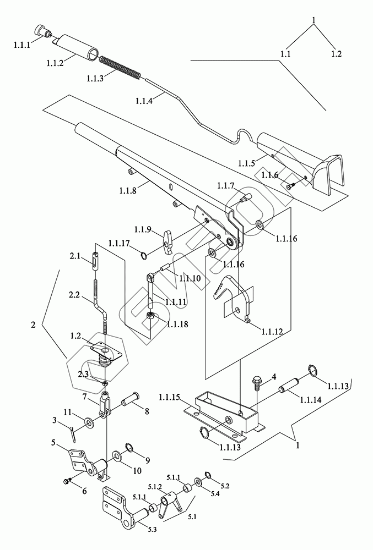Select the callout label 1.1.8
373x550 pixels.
pyautogui.click(x=127, y=190)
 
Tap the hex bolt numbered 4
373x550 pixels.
pyautogui.click(x=255, y=383)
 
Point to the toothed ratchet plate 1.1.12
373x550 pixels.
pyautogui.click(x=232, y=296)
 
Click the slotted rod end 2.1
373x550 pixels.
pyautogui.click(x=96, y=261)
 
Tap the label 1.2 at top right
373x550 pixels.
pyautogui.click(x=336, y=54)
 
